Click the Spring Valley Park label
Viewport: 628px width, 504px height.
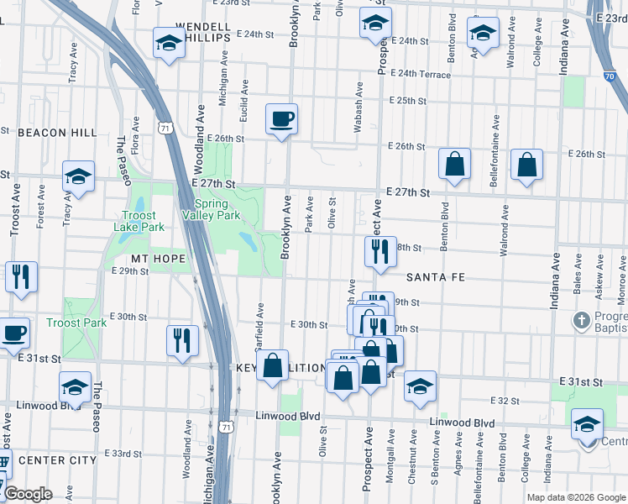[217, 209]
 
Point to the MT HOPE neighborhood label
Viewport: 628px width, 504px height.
[158, 258]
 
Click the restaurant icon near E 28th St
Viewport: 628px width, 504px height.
[380, 251]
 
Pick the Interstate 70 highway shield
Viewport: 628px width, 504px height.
[608, 75]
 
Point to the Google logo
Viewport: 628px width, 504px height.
[28, 494]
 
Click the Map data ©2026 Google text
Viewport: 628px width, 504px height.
[576, 497]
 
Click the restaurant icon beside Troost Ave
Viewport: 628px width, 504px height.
[19, 277]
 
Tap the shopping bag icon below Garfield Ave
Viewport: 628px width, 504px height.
[272, 366]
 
